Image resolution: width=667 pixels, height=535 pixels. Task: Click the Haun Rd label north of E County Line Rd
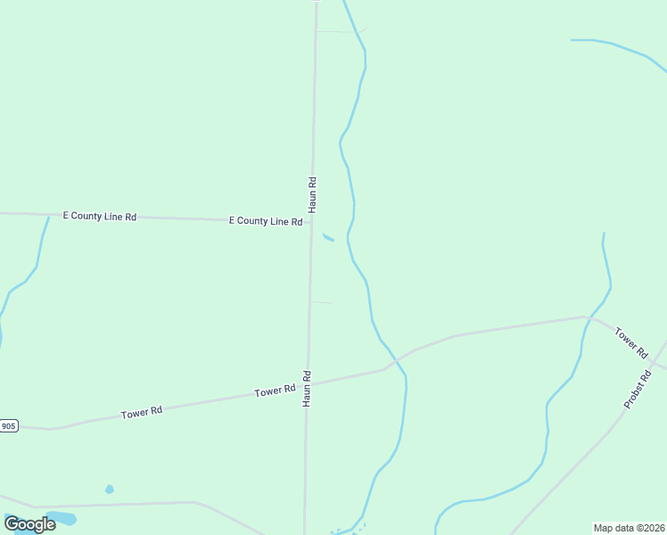click(313, 193)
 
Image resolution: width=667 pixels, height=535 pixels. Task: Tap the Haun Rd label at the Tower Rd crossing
click(306, 389)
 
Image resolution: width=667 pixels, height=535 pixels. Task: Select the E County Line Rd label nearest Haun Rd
click(266, 220)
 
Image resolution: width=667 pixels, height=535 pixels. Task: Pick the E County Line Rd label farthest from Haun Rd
click(99, 217)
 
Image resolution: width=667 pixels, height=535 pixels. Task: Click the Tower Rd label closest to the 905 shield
click(142, 412)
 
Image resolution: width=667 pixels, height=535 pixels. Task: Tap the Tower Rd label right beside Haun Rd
click(275, 391)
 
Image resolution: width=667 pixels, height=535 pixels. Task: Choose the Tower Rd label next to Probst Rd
click(630, 342)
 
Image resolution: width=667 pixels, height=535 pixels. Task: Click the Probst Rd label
click(638, 390)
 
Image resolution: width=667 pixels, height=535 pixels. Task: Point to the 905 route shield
click(8, 426)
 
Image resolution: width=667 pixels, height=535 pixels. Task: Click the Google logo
click(29, 523)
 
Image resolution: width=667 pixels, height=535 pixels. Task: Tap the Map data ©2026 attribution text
click(630, 528)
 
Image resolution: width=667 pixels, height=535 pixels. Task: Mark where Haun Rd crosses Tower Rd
click(308, 386)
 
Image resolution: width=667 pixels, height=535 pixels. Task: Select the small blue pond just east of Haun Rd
click(328, 237)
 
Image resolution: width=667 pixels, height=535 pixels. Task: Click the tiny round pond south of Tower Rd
click(109, 489)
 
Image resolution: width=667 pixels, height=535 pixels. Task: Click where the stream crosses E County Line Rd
click(47, 215)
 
